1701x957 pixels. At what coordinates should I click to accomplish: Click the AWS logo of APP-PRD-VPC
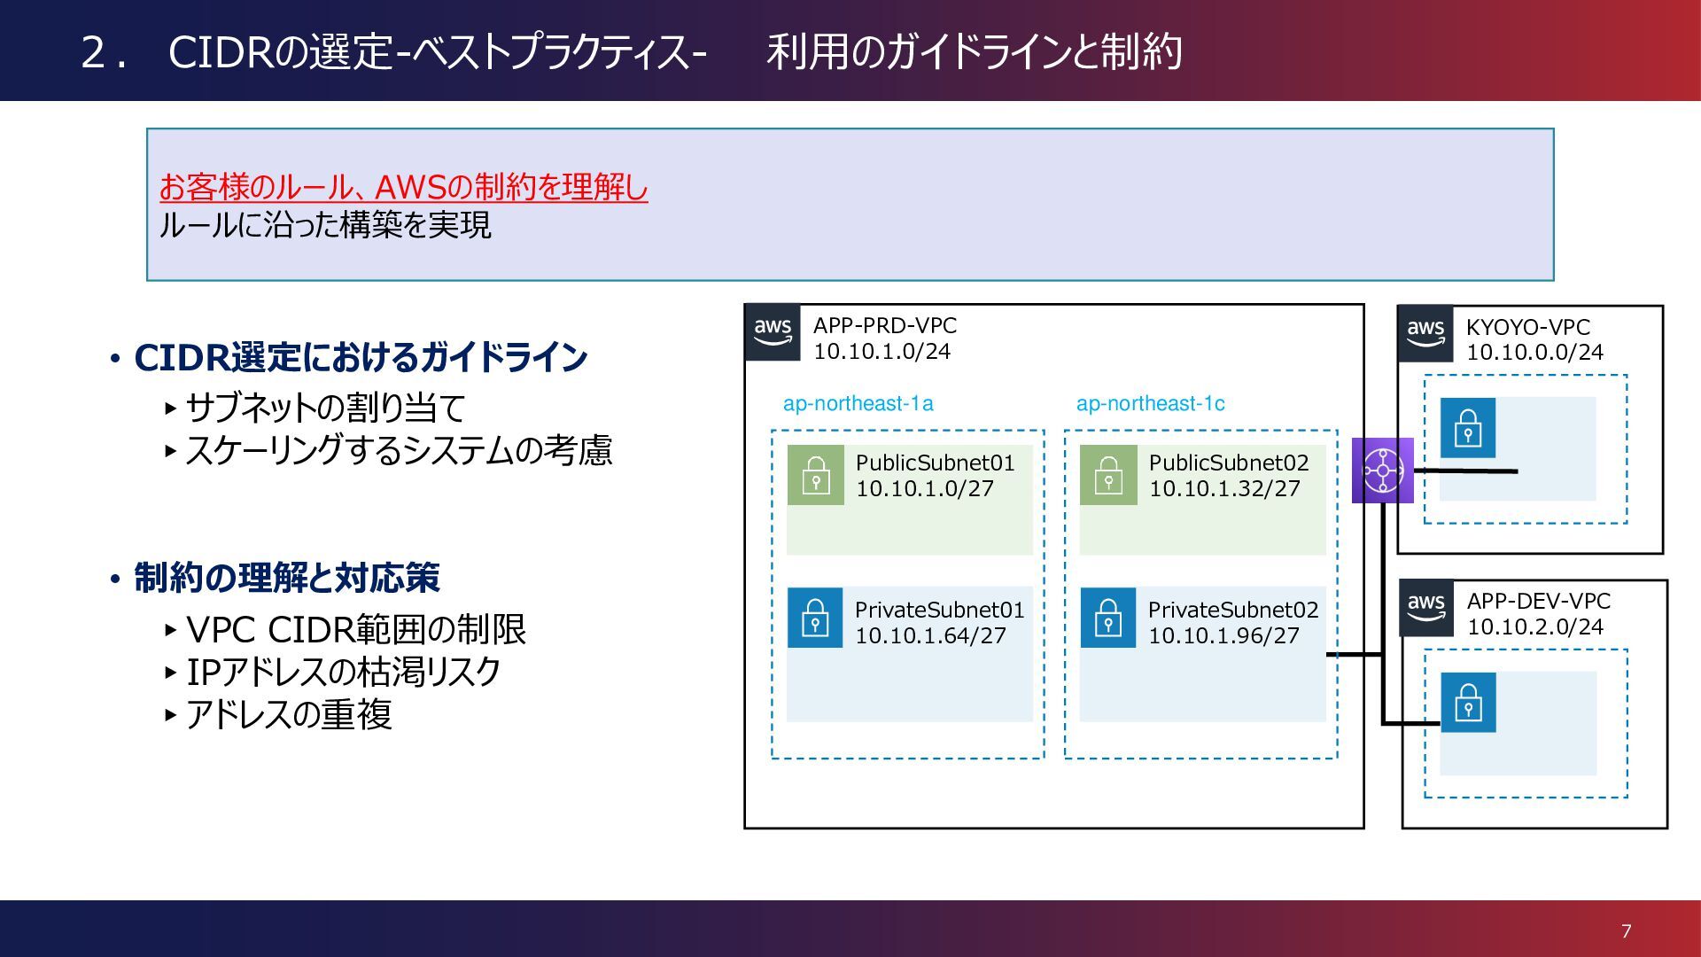click(x=773, y=332)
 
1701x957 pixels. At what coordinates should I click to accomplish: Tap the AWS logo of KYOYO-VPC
click(x=1425, y=334)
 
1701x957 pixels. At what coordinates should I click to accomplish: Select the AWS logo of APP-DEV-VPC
click(x=1426, y=608)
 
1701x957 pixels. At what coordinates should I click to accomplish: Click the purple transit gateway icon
click(x=1382, y=471)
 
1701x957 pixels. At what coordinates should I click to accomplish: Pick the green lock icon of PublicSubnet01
click(x=815, y=475)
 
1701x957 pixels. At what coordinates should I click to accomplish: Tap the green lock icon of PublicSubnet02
click(x=1108, y=475)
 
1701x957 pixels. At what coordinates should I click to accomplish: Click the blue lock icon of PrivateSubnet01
click(x=815, y=618)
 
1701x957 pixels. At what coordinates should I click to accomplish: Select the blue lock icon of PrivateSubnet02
click(x=1108, y=618)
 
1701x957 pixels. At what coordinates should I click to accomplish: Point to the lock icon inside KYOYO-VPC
click(x=1468, y=427)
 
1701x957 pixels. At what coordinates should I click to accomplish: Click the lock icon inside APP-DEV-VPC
click(x=1468, y=703)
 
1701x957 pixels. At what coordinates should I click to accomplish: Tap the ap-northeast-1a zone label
click(x=858, y=404)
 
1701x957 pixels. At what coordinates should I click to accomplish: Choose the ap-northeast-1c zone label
click(x=1150, y=404)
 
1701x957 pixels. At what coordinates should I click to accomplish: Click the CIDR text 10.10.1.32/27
click(x=1224, y=489)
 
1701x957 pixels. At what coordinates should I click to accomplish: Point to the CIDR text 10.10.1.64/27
click(x=930, y=636)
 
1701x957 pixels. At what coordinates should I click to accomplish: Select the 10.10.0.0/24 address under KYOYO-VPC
click(x=1534, y=353)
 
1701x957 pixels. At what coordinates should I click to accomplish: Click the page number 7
click(x=1626, y=931)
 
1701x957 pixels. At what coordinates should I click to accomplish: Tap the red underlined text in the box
click(x=404, y=188)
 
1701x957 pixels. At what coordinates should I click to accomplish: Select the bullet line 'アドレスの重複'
click(x=288, y=715)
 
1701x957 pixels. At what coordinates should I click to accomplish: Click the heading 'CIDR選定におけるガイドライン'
click(x=361, y=358)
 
